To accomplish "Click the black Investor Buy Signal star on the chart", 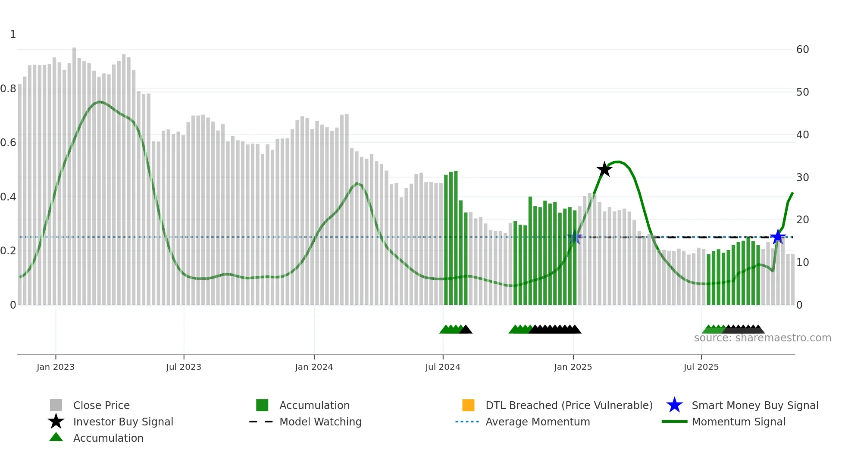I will point(604,169).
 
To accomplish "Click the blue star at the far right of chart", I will point(778,237).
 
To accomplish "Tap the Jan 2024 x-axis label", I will point(314,367).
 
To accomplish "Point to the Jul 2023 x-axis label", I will point(184,367).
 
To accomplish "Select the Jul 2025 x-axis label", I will point(701,367).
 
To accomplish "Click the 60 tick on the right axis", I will point(802,50).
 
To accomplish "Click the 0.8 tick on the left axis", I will point(8,89).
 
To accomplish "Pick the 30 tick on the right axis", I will point(802,177).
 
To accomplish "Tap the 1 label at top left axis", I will point(13,34).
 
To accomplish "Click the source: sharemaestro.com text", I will point(762,338).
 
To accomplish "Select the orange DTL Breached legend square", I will point(468,405).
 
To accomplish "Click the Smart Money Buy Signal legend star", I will point(674,405).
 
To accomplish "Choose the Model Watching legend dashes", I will point(261,422).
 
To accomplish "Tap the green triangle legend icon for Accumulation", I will point(56,437).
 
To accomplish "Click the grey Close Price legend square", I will point(56,405).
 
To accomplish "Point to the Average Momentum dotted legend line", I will point(467,422).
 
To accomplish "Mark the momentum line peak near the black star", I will point(618,162).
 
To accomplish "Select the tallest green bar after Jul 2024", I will point(456,237).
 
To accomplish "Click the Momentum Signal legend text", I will point(739,422).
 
